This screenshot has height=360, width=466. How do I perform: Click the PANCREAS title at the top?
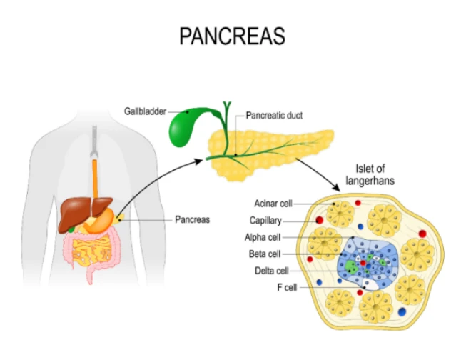232,36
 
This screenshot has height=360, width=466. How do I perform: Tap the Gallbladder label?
145,111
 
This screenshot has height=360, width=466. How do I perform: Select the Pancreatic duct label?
274,115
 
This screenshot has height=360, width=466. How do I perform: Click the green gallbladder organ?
181,128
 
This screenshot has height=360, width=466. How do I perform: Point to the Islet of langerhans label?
370,175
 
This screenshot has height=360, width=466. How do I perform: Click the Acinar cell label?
273,204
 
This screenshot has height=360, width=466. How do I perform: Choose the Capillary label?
265,221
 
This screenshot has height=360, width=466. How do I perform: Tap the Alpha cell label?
263,237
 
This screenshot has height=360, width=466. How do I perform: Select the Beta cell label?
265,254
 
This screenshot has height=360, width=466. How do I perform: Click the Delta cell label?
272,271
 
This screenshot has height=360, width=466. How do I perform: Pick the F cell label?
287,287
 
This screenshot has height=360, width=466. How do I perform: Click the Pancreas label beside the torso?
192,219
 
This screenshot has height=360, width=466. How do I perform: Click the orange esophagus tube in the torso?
95,179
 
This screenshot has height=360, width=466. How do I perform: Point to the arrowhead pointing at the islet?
336,187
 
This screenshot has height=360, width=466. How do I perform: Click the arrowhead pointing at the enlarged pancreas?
198,161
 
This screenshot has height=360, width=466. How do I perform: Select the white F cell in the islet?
370,285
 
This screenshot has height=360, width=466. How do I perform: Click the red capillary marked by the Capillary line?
320,221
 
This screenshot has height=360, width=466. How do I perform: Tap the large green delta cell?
351,266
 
